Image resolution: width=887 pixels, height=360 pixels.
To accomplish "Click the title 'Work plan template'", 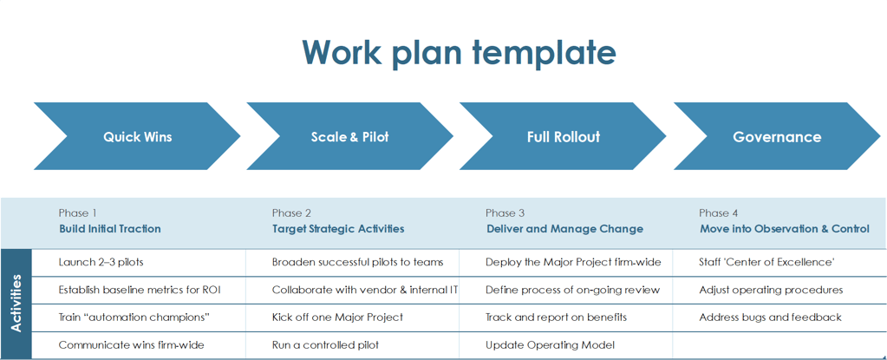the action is (x=459, y=51).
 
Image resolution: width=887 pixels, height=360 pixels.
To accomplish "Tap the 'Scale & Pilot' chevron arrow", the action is (x=350, y=136).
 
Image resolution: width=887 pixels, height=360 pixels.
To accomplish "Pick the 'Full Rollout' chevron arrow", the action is (x=564, y=136).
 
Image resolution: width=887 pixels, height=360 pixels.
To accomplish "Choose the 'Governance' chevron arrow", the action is (x=777, y=136).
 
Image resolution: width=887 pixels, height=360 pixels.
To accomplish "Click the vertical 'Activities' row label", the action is (x=16, y=304).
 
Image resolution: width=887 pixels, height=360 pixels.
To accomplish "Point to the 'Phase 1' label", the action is (x=77, y=213).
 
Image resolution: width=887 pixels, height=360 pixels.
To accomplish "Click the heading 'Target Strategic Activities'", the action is (x=338, y=229).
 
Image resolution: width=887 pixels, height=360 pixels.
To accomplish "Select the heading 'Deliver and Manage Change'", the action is (x=564, y=229).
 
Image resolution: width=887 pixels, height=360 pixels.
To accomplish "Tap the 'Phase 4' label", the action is (x=719, y=213).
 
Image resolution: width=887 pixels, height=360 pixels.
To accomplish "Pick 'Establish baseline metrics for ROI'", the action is (x=140, y=290).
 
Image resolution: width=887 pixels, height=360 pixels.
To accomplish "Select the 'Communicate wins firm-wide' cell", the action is (x=131, y=344).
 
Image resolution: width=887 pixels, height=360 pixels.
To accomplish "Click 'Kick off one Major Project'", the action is (x=337, y=317).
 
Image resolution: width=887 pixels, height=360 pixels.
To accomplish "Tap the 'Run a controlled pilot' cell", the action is (x=325, y=344).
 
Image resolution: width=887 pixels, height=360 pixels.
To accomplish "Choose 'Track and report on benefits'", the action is (x=556, y=317).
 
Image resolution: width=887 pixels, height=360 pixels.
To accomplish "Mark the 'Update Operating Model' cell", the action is (x=550, y=344).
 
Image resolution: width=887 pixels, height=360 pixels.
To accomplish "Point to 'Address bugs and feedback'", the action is (x=771, y=317).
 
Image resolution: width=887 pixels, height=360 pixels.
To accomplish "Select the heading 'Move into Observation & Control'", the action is (x=785, y=229).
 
